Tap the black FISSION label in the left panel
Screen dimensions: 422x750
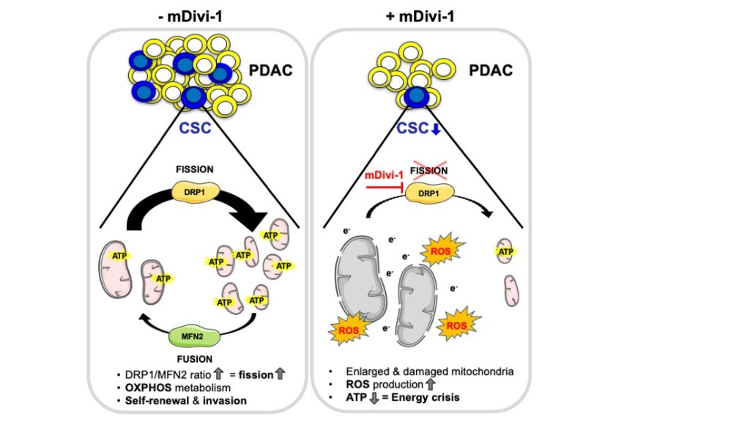[x=194, y=169]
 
